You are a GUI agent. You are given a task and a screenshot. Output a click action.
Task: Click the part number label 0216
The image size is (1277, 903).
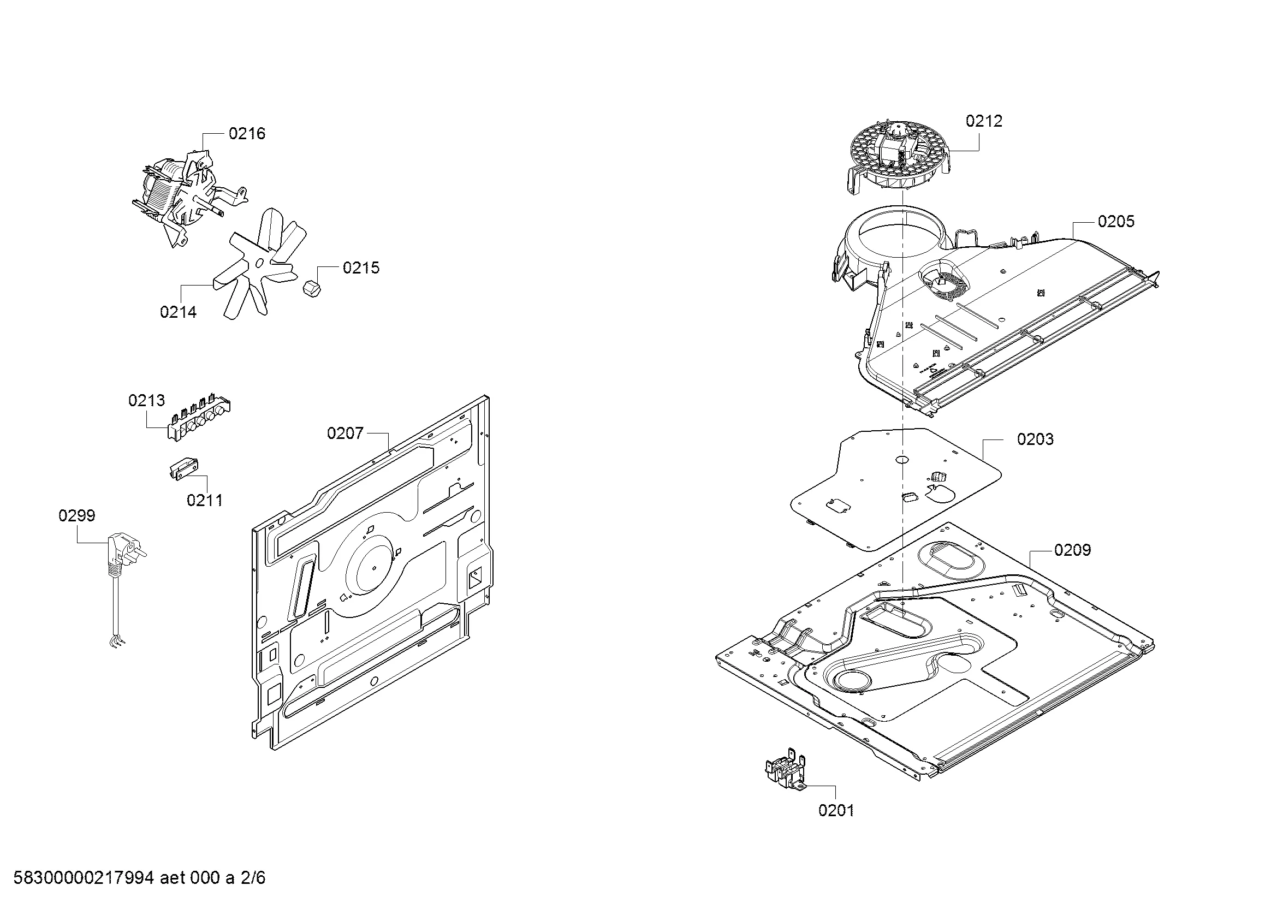[247, 133]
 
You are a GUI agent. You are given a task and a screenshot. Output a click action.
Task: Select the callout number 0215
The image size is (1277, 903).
[361, 268]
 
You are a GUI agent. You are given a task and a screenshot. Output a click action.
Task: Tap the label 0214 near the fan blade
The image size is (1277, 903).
[178, 312]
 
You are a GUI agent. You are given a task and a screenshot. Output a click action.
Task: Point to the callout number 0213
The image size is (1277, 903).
[146, 400]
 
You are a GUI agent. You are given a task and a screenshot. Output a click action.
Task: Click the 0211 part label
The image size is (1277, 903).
[205, 500]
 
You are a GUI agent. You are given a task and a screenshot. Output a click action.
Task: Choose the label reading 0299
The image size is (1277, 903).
[77, 515]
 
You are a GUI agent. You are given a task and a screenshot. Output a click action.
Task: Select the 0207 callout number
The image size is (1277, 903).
[345, 433]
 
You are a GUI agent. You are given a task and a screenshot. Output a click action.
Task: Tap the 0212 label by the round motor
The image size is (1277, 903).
[983, 121]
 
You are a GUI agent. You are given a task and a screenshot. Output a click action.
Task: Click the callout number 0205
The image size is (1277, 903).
[1116, 221]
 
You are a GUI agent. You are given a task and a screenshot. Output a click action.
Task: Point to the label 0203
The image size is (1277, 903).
[1035, 439]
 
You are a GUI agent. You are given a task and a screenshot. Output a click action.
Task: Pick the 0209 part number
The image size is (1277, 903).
[1072, 550]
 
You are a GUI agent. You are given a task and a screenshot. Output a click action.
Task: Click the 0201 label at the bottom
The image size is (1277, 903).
[836, 811]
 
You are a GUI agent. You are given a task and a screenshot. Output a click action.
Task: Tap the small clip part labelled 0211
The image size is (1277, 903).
[183, 469]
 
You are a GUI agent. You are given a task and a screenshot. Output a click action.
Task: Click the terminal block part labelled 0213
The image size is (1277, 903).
[199, 417]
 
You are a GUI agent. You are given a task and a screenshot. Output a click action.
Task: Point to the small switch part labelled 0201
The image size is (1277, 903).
[786, 771]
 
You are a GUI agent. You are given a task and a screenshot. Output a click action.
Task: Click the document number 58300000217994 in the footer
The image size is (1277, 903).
[84, 878]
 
